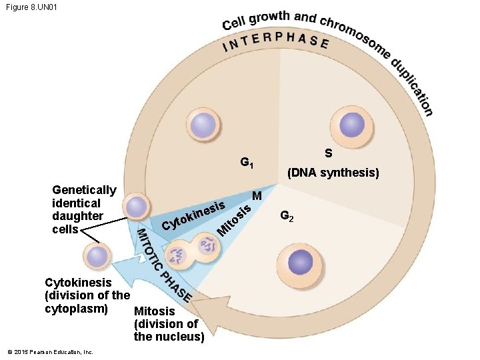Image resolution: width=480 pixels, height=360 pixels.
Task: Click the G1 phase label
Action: pyautogui.click(x=247, y=162)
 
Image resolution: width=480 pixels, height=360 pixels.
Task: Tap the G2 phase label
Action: pyautogui.click(x=287, y=216)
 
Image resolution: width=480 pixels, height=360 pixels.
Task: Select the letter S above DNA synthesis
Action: pyautogui.click(x=329, y=153)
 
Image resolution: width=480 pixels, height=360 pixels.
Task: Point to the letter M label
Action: pyautogui.click(x=257, y=196)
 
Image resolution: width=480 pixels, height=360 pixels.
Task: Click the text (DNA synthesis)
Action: pyautogui.click(x=333, y=173)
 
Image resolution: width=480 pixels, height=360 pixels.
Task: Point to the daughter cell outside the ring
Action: pyautogui.click(x=97, y=257)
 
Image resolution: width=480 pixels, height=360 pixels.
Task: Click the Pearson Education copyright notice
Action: pyautogui.click(x=50, y=352)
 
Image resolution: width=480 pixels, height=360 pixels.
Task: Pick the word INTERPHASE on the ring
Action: pyautogui.click(x=275, y=42)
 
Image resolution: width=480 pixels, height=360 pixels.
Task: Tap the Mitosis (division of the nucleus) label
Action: pyautogui.click(x=169, y=324)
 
